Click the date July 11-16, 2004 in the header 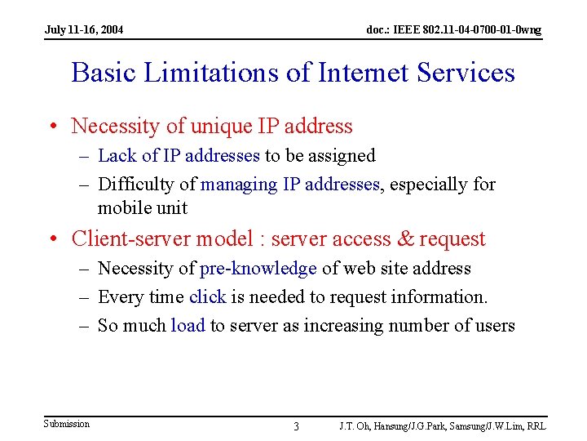[85, 30]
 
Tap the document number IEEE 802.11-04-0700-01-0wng [453, 30]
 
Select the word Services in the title [466, 73]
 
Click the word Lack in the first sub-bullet [116, 155]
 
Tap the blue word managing [239, 184]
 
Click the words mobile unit [143, 207]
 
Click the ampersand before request [404, 238]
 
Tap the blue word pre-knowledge [258, 268]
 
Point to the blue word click [207, 296]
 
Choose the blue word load [188, 325]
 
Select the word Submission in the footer [67, 423]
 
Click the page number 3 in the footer [296, 426]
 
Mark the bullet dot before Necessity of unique [53, 127]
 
